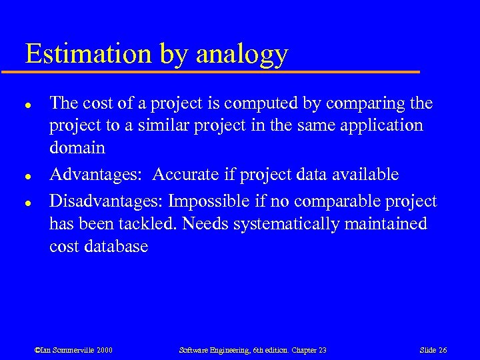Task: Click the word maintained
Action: (x=388, y=224)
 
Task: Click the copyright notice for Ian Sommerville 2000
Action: (x=73, y=350)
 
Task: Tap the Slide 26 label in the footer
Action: (x=433, y=350)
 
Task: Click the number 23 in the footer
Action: (x=321, y=350)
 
